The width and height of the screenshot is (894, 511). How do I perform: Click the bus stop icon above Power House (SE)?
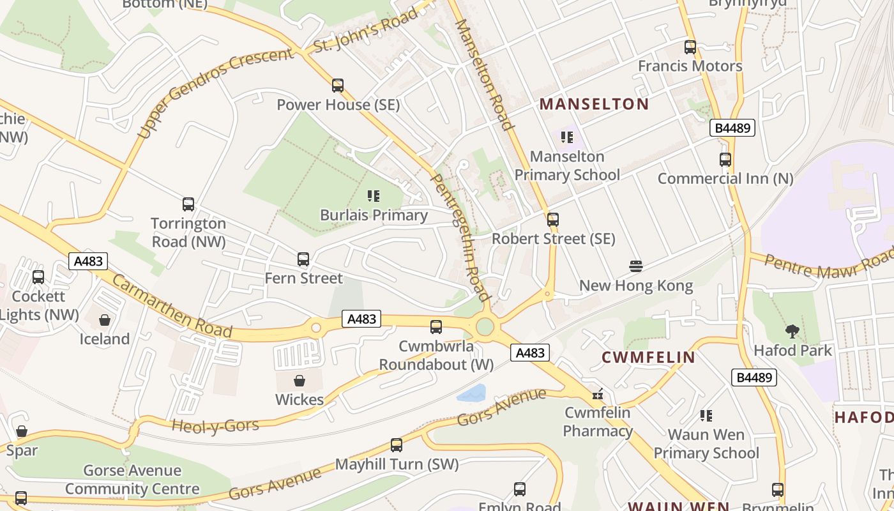click(338, 86)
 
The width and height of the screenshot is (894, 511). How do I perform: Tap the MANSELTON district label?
click(595, 104)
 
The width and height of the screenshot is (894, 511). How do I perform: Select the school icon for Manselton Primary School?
click(566, 137)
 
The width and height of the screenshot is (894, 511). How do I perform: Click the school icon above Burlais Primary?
click(374, 196)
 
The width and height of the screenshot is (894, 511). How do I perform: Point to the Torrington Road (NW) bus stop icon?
click(188, 204)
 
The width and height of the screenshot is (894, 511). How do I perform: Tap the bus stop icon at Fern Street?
click(303, 259)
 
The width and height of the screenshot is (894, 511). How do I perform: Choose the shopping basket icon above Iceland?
click(105, 319)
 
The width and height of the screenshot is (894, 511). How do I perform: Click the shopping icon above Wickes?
click(299, 381)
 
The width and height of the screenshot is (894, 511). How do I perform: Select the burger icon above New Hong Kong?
click(635, 266)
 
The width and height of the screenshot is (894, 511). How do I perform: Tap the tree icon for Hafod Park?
click(792, 332)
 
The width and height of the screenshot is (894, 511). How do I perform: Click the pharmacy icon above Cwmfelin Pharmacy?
click(598, 394)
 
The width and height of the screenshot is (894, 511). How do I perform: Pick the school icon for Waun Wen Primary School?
click(706, 416)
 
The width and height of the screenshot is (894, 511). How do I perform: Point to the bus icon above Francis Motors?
click(690, 47)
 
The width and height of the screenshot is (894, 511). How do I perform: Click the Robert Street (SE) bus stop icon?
click(553, 220)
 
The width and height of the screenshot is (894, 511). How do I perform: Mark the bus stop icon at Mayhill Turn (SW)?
click(397, 445)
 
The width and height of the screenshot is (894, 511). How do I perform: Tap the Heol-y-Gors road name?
click(215, 425)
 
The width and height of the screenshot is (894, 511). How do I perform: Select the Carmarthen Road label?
click(172, 306)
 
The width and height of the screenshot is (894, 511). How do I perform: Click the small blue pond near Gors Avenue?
click(472, 393)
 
